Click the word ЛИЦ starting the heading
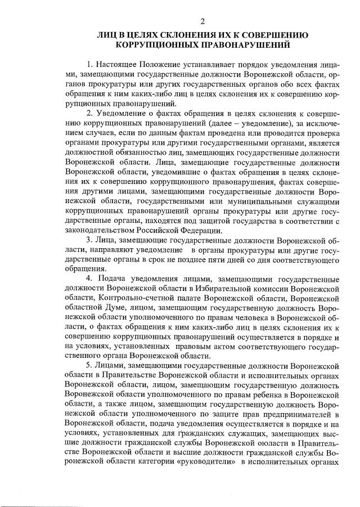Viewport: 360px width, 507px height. pyautogui.click(x=106, y=35)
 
